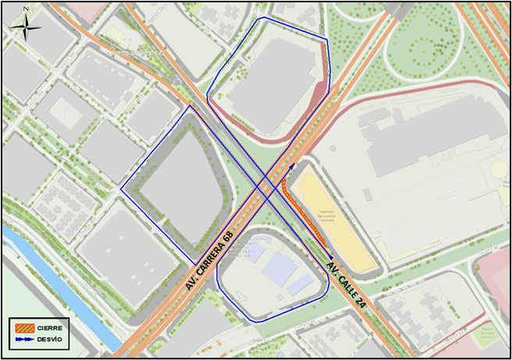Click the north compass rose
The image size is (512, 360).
pyautogui.click(x=26, y=28)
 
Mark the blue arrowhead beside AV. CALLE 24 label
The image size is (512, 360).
pyautogui.click(x=330, y=257)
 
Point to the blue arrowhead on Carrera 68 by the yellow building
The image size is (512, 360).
pyautogui.click(x=292, y=166)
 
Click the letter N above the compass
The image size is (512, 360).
pyautogui.click(x=26, y=9)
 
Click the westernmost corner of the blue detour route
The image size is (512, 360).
pyautogui.click(x=121, y=188)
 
